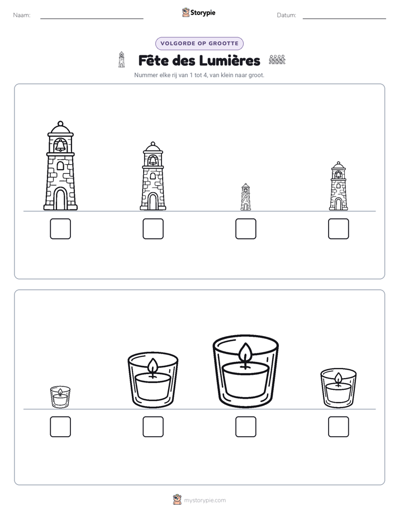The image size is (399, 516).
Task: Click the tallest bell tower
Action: tap(60, 166)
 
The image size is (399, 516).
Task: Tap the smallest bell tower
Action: tap(245, 197)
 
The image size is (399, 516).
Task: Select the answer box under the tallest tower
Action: tap(60, 229)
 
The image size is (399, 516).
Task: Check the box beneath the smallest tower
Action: tap(245, 229)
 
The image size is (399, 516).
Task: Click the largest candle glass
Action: tap(245, 371)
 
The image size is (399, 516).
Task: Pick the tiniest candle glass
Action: tap(60, 397)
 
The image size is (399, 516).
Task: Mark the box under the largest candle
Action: tap(245, 427)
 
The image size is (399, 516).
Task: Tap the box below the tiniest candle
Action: tap(60, 427)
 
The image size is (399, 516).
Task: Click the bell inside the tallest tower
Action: tap(60, 145)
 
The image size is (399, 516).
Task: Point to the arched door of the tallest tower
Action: tap(60, 198)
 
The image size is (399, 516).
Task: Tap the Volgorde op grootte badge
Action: tap(199, 44)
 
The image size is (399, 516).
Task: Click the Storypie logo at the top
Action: tap(198, 13)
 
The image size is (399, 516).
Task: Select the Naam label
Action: tap(22, 15)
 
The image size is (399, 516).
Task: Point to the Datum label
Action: tap(287, 15)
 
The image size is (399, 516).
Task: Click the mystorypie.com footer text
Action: tap(205, 500)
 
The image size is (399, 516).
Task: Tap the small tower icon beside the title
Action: tap(121, 60)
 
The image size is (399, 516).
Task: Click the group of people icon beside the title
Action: tap(277, 60)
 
